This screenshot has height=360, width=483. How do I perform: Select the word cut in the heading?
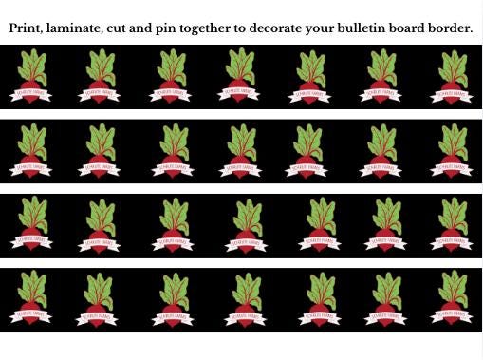pos(134,28)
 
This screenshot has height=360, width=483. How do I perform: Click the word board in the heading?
pos(422,28)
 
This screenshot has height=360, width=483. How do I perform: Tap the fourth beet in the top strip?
pos(242,76)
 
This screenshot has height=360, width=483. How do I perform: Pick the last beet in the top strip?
pos(453,76)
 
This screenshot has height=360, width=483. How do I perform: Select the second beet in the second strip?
pos(102,151)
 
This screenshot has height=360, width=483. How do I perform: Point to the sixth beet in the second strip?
pos(381,151)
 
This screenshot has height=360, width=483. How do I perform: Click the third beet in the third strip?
pos(172,225)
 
